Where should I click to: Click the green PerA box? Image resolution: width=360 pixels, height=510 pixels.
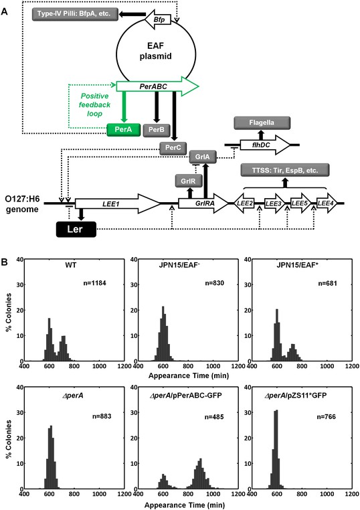(124, 130)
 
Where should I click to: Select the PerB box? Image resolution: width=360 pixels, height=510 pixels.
(157, 130)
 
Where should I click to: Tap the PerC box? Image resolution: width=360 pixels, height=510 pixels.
(173, 148)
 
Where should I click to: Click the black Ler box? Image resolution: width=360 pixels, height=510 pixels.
(76, 230)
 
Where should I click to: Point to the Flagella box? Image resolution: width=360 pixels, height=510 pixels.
(262, 123)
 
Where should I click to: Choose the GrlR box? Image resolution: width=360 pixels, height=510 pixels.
(189, 181)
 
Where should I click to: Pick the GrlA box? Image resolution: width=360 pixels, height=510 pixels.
(203, 157)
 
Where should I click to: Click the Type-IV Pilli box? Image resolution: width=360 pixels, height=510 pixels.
(75, 14)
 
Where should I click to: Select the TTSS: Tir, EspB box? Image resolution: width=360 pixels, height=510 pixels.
(285, 171)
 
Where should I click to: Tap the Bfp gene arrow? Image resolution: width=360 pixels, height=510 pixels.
(158, 20)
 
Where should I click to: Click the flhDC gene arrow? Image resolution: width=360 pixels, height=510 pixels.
(265, 145)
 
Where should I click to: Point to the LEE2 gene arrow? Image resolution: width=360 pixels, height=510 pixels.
(244, 203)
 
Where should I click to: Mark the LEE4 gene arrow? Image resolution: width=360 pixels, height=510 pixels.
(327, 203)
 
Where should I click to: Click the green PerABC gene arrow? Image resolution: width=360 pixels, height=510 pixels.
(157, 86)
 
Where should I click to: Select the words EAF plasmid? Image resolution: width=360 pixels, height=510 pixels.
(156, 51)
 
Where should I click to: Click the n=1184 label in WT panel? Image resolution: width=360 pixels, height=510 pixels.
(94, 283)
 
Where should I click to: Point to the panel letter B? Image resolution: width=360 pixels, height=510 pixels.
(4, 262)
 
